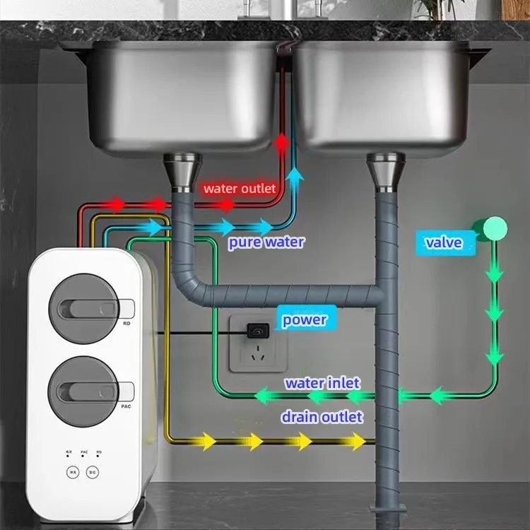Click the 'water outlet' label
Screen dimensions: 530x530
coord(239,189)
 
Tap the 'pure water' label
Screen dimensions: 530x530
coord(266,242)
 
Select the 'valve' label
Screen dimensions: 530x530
coord(443,243)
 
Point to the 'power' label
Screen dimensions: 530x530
coord(305,319)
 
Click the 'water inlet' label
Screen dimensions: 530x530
coord(322,383)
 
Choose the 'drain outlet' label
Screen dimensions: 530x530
coord(322,417)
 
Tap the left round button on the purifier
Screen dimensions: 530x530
coord(72,472)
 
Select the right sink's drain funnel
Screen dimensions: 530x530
coord(385,172)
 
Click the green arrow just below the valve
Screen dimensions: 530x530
coord(495,273)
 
